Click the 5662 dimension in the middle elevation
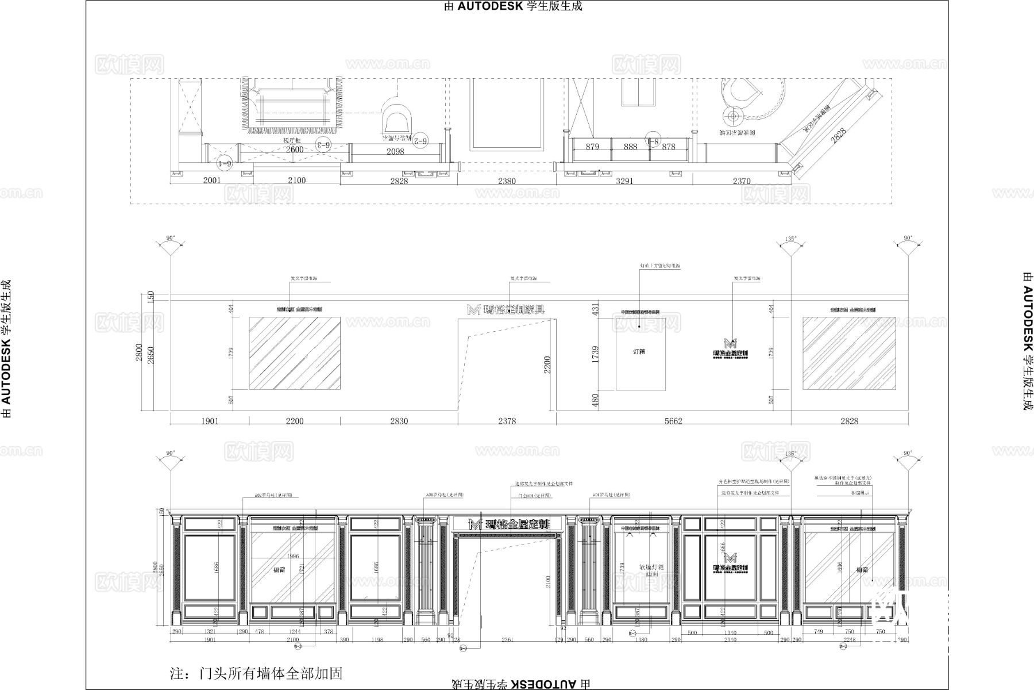673,421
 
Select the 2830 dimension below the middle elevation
399,421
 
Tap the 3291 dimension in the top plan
624,181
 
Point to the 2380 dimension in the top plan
507,181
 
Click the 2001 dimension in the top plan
212,180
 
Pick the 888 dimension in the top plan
630,147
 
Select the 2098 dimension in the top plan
395,151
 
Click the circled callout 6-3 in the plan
323,144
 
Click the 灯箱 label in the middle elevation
639,351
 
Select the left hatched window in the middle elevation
294,353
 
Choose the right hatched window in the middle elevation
849,353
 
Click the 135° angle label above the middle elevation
790,239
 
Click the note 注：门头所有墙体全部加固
256,673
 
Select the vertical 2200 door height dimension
547,365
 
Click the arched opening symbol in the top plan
398,119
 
